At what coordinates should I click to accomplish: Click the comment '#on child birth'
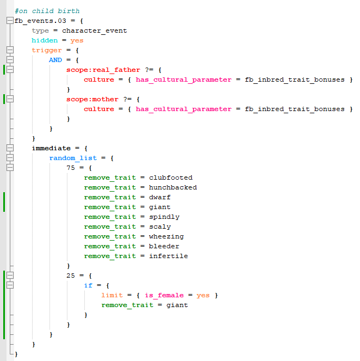click(47, 11)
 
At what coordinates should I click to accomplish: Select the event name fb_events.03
click(40, 21)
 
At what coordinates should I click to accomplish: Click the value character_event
click(95, 30)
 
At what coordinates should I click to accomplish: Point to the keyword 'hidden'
click(45, 40)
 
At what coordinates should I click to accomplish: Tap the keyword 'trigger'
click(47, 50)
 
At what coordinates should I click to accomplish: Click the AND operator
click(55, 60)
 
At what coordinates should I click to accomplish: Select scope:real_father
click(103, 70)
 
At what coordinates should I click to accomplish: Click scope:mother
click(92, 99)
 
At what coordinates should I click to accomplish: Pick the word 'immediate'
click(51, 148)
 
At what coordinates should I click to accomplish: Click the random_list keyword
click(73, 158)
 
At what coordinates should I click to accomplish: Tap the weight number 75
click(71, 168)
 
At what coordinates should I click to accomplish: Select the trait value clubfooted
click(171, 178)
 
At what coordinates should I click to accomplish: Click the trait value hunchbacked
click(173, 187)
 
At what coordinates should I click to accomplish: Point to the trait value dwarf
click(160, 197)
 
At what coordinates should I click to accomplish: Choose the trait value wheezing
click(166, 236)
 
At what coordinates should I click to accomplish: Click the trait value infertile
click(169, 256)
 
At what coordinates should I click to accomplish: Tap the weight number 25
click(71, 276)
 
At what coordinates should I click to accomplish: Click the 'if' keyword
click(88, 285)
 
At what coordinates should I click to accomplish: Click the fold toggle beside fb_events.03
click(10, 21)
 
